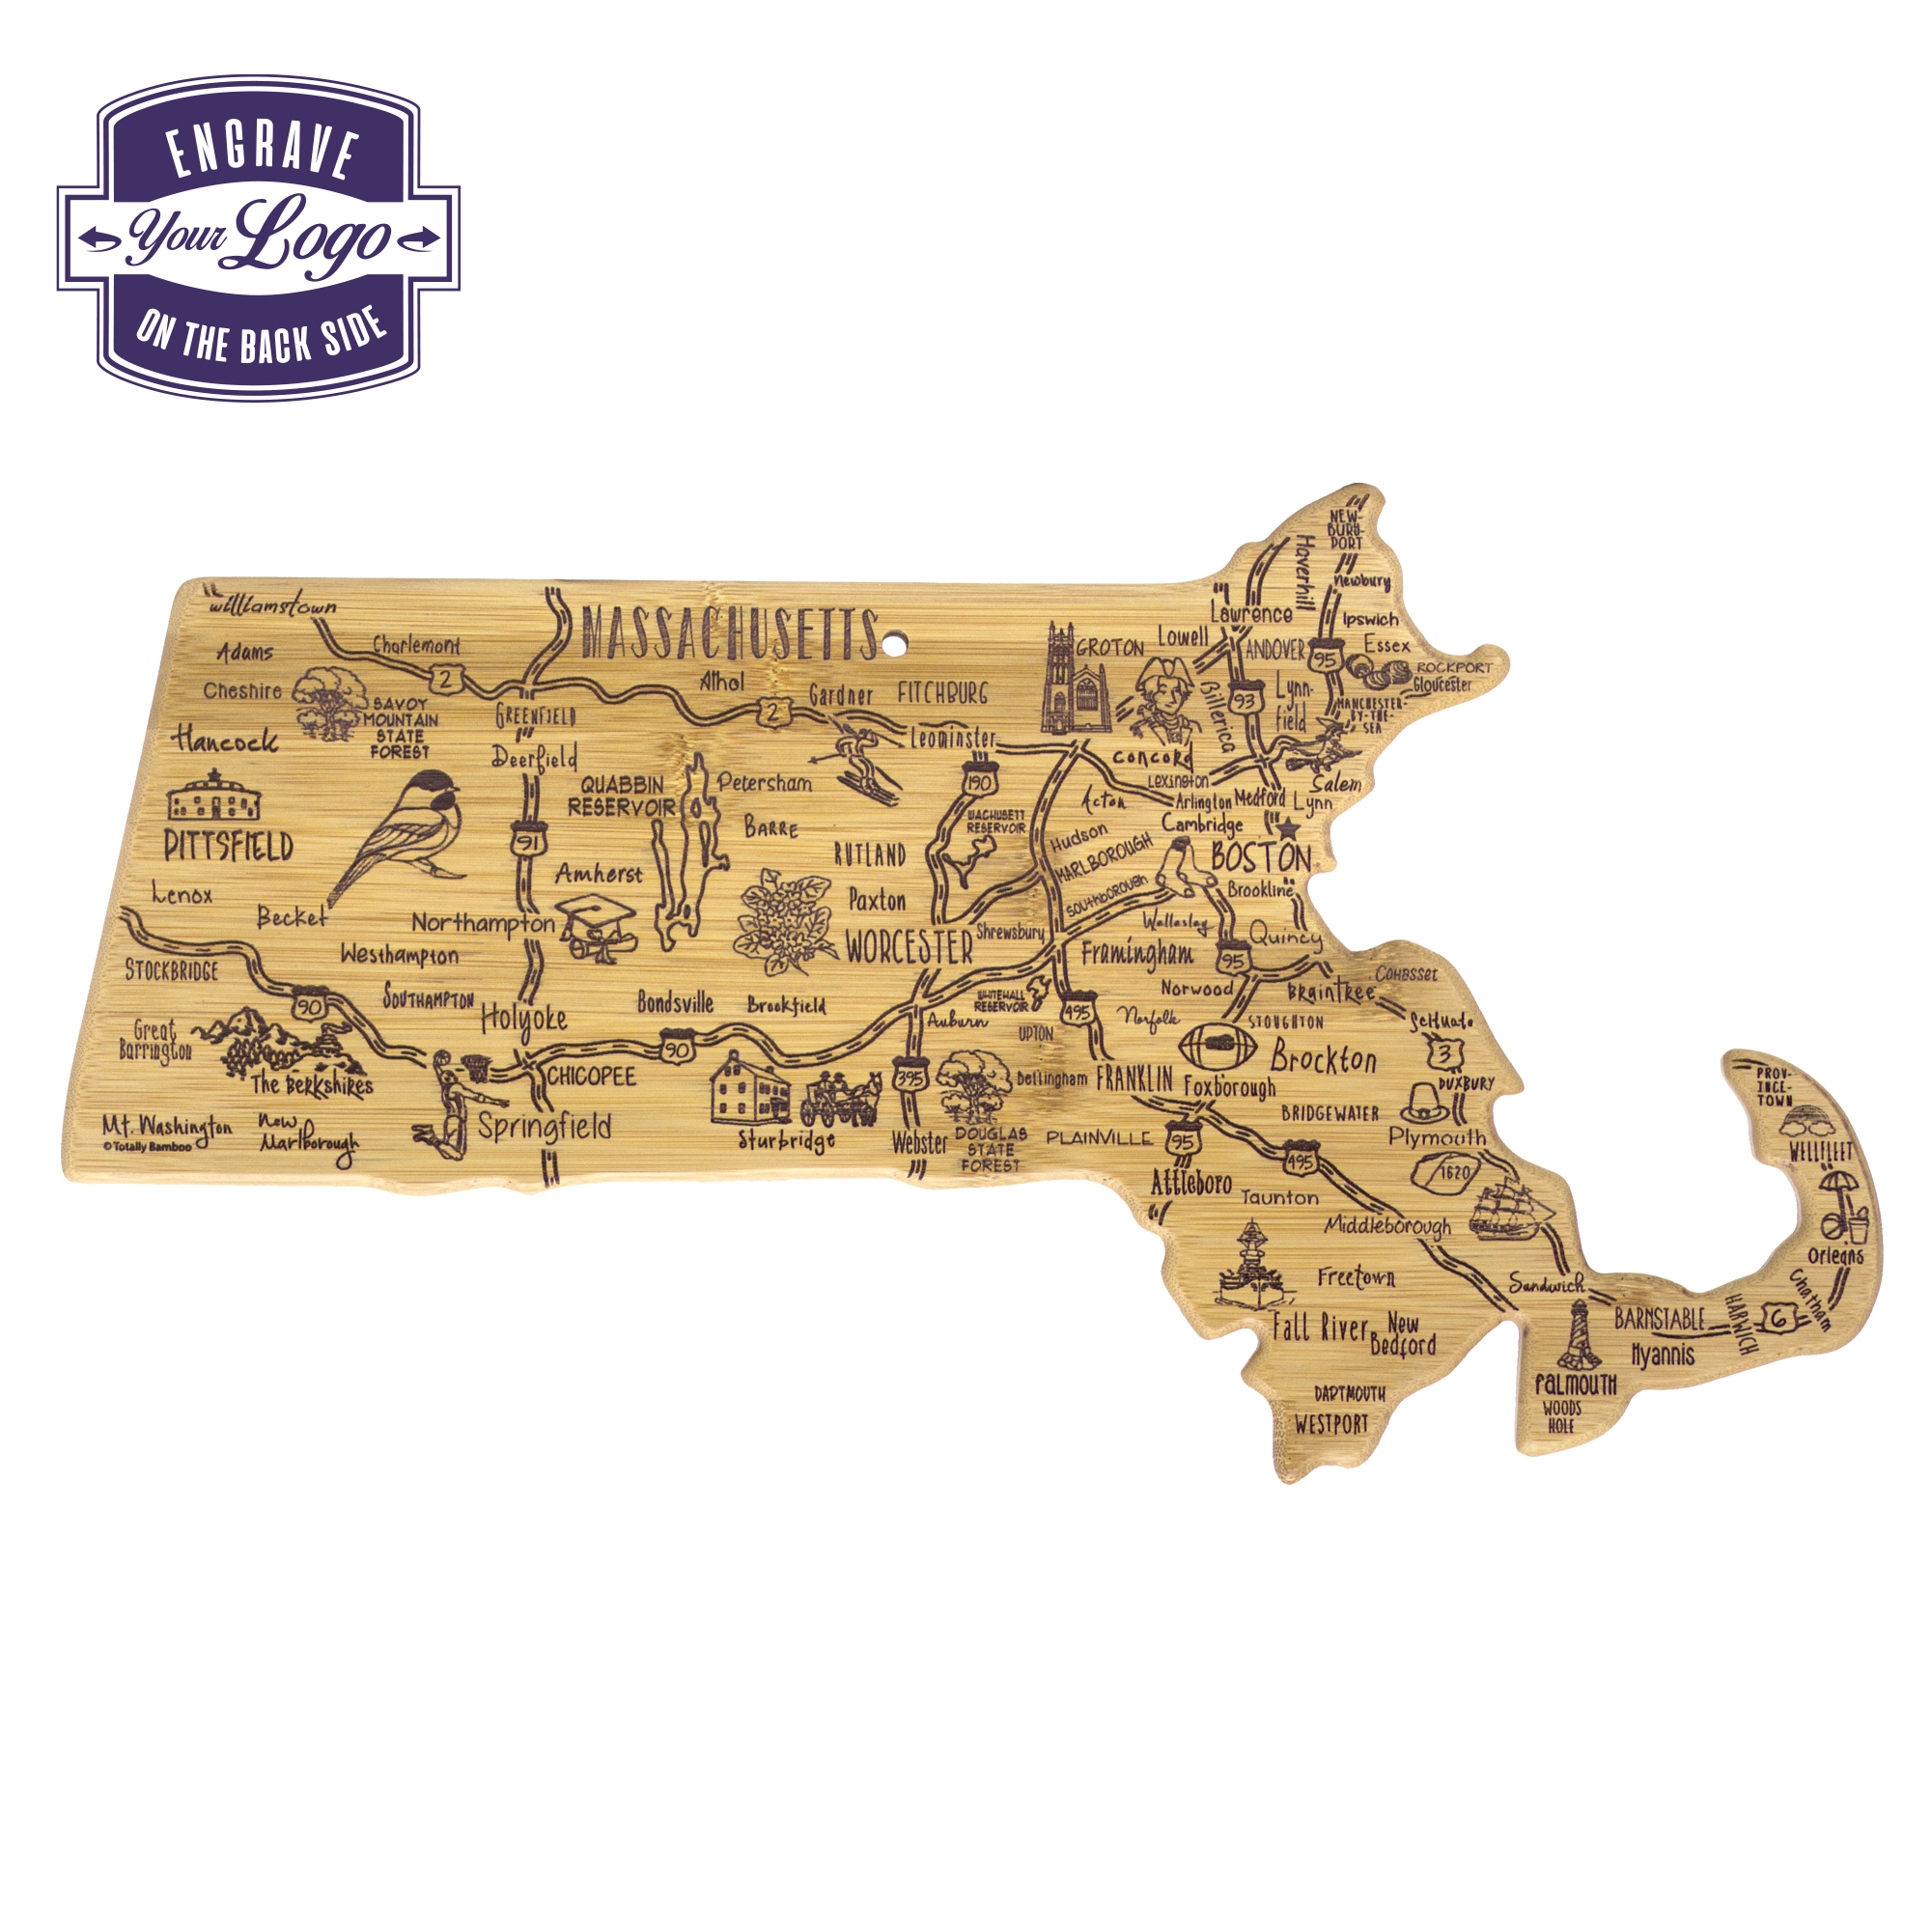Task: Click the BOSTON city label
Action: tap(1260, 857)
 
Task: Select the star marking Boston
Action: tap(1288, 828)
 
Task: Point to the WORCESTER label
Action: tap(909, 947)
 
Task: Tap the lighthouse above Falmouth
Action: tap(1579, 1335)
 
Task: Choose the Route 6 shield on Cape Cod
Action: tap(1779, 1317)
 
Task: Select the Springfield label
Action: tap(544, 1127)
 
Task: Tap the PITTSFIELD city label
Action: tap(229, 847)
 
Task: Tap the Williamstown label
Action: tap(273, 605)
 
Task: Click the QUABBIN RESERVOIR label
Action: tap(621, 796)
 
